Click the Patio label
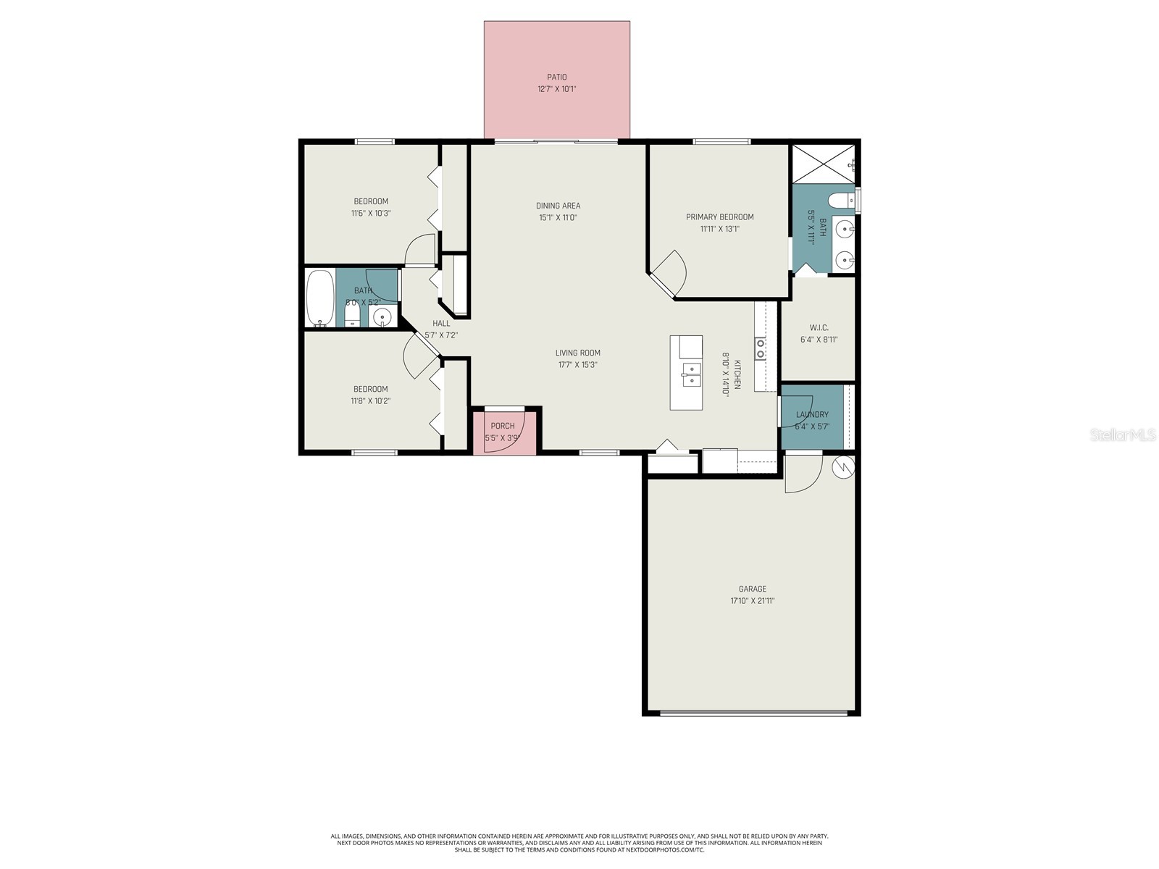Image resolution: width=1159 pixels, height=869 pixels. tap(556, 77)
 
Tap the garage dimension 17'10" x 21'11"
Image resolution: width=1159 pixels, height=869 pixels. tap(752, 601)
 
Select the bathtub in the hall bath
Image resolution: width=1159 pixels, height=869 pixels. tap(320, 298)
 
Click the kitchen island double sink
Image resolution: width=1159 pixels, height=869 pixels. tap(692, 374)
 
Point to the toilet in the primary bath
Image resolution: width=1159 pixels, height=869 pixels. tap(842, 199)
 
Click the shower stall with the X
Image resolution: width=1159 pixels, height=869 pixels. tap(823, 164)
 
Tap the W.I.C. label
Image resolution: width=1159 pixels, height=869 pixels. tap(819, 327)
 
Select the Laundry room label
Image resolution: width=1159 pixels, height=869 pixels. tap(812, 415)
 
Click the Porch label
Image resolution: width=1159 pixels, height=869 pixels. tap(502, 426)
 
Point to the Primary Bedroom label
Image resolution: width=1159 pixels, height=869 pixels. tap(719, 217)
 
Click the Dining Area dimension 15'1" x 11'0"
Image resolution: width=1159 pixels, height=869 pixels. tap(558, 218)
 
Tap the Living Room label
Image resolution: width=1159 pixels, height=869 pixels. tap(577, 353)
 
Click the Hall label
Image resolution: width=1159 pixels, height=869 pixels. tap(441, 323)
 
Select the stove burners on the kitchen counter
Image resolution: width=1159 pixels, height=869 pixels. tap(761, 349)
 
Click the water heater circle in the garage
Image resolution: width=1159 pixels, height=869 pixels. tap(844, 468)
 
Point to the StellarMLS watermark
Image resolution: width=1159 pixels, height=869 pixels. tap(1122, 435)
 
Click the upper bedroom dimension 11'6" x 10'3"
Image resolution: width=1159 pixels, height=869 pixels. tap(371, 214)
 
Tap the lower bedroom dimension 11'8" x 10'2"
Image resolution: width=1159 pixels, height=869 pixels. tap(371, 401)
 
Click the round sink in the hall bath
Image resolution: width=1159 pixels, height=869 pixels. tap(382, 316)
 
